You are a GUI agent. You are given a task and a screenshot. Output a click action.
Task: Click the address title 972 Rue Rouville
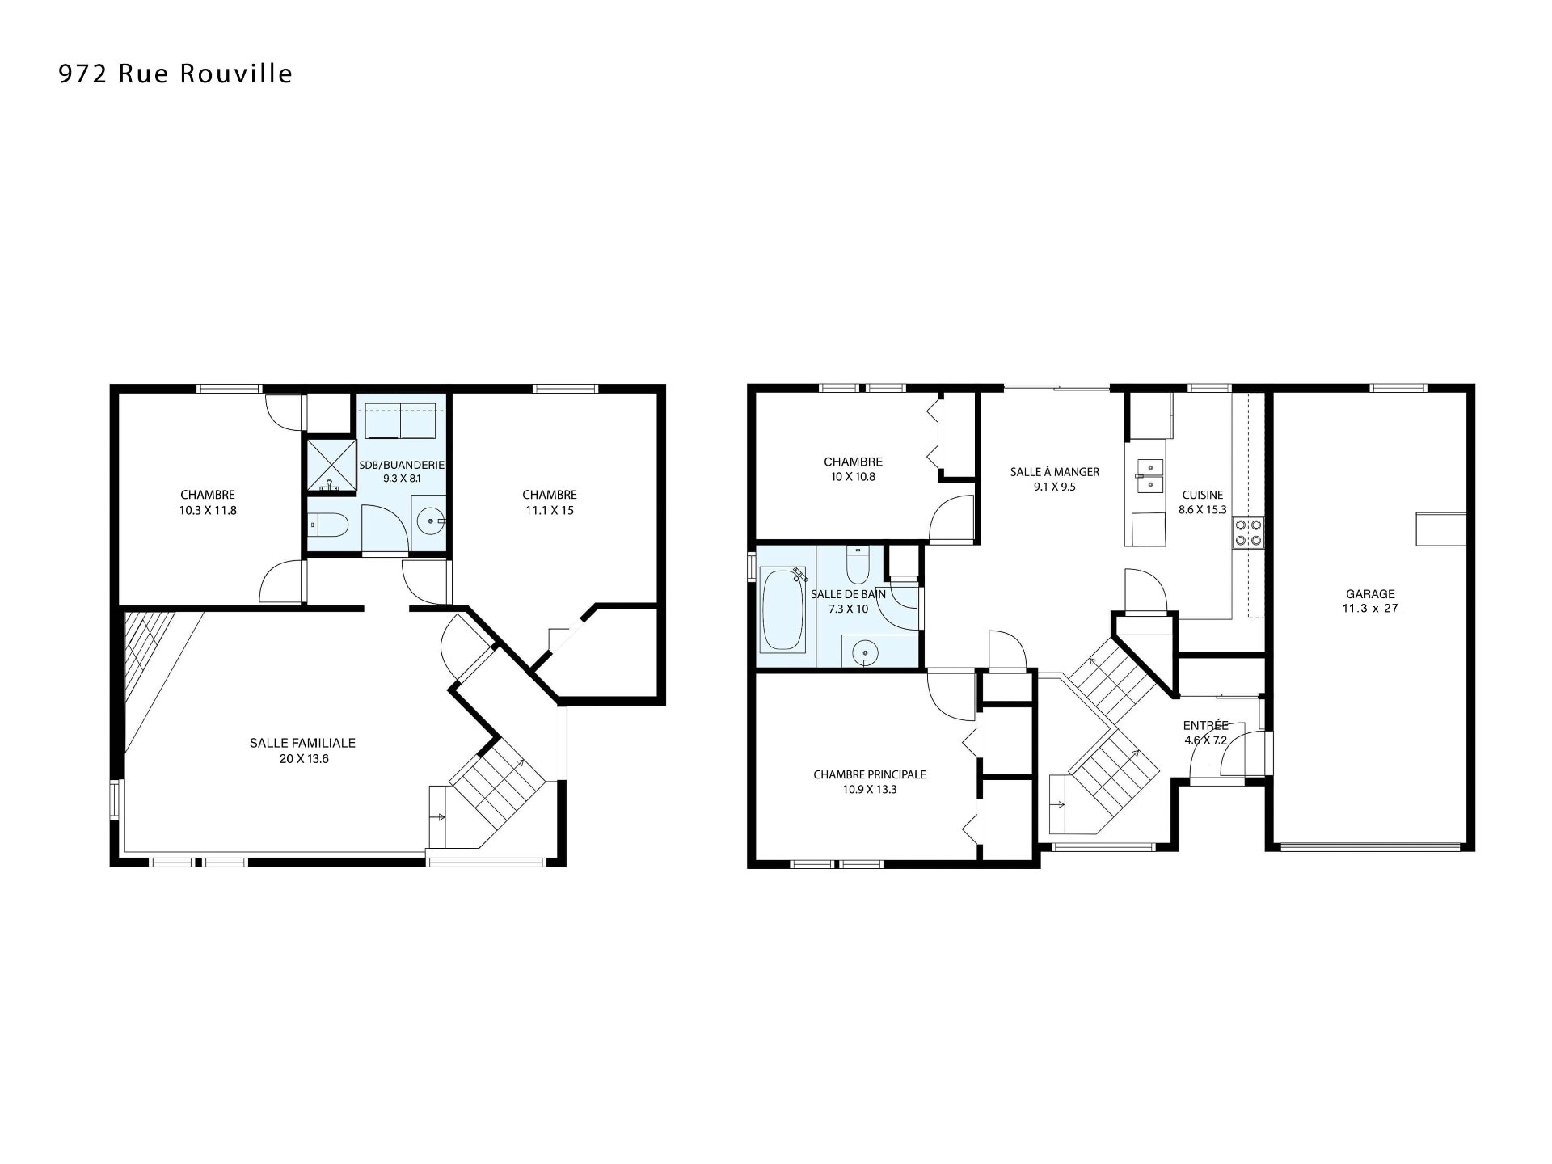[x=175, y=74]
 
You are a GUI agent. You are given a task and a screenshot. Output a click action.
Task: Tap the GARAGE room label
[x=1370, y=593]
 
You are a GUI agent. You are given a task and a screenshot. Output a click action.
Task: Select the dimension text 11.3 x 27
[x=1370, y=608]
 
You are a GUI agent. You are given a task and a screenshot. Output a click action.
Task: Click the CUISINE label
[x=1203, y=495]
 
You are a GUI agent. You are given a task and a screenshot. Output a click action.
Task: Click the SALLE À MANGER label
[x=1055, y=472]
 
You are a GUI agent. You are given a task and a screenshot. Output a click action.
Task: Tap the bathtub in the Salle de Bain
[x=783, y=609]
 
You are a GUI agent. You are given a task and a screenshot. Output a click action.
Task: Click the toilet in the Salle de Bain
[x=857, y=565]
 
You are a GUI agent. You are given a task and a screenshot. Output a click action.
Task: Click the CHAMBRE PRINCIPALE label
[x=870, y=774]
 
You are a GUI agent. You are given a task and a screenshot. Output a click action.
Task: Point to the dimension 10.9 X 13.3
[x=870, y=789]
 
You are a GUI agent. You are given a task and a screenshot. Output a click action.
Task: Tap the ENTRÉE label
[x=1206, y=725]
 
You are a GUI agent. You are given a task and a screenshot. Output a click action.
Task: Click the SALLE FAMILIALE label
[x=302, y=743]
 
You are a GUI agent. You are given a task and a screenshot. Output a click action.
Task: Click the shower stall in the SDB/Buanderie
[x=331, y=466]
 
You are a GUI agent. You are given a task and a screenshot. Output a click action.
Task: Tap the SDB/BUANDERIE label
[x=402, y=465]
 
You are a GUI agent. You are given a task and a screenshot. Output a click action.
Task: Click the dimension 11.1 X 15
[x=549, y=510]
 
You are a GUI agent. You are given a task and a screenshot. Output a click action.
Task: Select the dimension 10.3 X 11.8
[x=208, y=510]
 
